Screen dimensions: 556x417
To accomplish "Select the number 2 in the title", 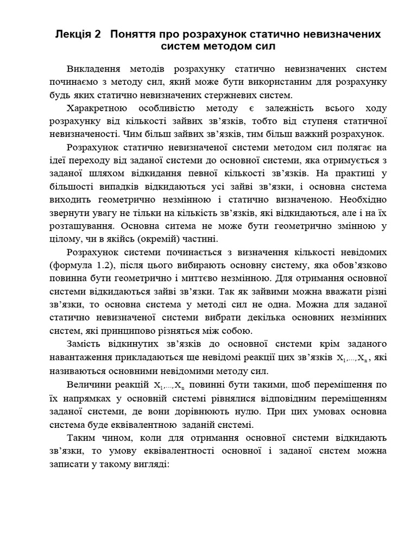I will [x=97, y=34].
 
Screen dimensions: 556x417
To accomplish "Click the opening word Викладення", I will [x=97, y=69].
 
